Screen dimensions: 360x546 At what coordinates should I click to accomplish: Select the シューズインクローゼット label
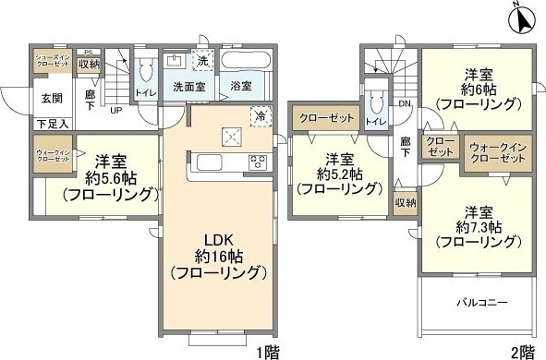pyautogui.click(x=53, y=61)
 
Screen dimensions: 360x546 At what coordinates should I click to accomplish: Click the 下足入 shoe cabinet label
pyautogui.click(x=52, y=122)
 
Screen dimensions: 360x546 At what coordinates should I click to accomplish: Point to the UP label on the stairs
pyautogui.click(x=117, y=111)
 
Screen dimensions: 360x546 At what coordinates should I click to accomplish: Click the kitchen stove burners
pyautogui.click(x=256, y=163)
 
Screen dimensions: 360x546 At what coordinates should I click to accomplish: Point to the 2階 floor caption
pyautogui.click(x=521, y=351)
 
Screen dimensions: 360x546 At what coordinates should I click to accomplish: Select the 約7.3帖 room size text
pyautogui.click(x=476, y=226)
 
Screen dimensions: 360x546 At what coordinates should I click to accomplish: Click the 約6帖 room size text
pyautogui.click(x=476, y=90)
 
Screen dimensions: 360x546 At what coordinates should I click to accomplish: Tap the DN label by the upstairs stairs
pyautogui.click(x=404, y=104)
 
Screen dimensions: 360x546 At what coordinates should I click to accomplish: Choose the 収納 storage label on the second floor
pyautogui.click(x=405, y=201)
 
